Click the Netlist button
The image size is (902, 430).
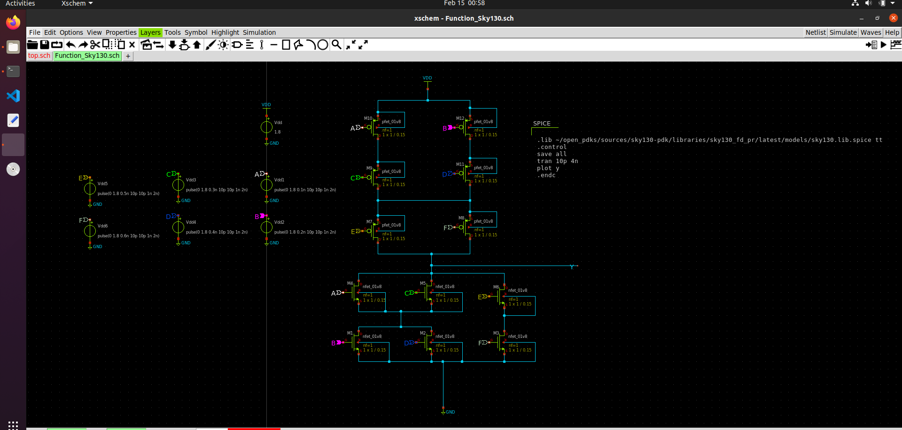click(815, 32)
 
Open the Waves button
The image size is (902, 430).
click(871, 32)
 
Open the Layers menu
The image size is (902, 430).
click(150, 32)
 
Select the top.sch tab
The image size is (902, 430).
click(39, 55)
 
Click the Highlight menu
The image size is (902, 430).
click(225, 32)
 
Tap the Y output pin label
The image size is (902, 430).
click(572, 267)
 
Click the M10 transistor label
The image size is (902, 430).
click(368, 118)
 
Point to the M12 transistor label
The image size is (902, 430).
click(460, 118)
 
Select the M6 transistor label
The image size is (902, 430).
click(496, 287)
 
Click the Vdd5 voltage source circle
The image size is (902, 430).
click(90, 189)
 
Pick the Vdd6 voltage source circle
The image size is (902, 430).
click(90, 231)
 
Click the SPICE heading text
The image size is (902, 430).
click(542, 124)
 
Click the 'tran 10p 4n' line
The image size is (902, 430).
click(557, 161)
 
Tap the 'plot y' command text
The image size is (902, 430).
click(548, 168)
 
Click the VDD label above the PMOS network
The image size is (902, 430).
click(427, 78)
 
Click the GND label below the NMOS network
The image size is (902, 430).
click(450, 412)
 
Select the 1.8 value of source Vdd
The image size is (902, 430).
click(278, 132)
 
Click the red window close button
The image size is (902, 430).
click(893, 18)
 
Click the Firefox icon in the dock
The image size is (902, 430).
click(13, 23)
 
